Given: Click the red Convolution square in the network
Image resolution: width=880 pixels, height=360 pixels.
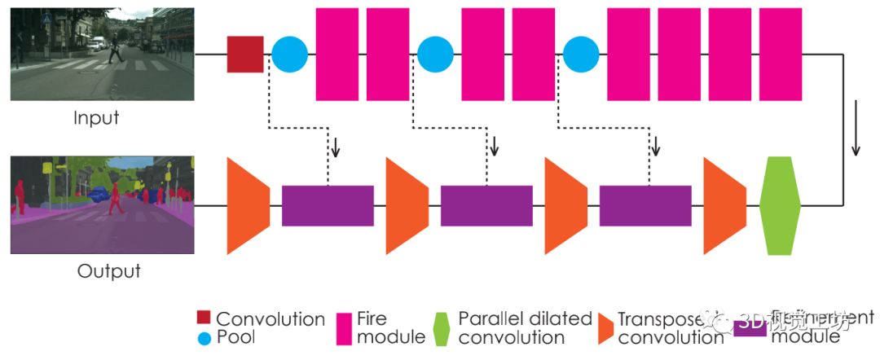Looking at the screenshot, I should click(245, 55).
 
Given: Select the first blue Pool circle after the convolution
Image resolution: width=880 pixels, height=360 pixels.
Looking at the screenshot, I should click(289, 55).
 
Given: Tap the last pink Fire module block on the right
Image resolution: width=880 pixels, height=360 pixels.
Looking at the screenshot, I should click(780, 55).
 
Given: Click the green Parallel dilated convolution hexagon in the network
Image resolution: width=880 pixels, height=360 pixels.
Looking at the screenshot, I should click(780, 206).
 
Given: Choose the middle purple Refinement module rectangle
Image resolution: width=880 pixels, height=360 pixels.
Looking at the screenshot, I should click(486, 206).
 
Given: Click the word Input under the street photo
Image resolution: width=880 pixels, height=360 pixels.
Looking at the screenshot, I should click(96, 118).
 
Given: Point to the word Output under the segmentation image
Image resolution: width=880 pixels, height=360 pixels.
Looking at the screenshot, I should click(108, 271).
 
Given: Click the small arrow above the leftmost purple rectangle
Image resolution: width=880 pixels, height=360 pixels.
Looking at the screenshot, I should click(334, 147).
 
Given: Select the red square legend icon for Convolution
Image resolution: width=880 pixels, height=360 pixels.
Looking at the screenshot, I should click(203, 317).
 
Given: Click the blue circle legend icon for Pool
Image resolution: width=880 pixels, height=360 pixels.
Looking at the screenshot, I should click(203, 336).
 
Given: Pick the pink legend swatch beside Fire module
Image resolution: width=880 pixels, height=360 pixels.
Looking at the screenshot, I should click(343, 327).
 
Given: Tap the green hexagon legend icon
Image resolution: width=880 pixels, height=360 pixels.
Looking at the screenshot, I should click(442, 328).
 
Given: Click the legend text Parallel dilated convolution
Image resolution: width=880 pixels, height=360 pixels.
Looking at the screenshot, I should click(524, 327).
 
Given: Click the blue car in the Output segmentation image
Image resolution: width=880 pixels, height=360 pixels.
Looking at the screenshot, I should click(98, 194).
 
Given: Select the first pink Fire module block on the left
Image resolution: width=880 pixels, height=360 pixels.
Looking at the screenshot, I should click(337, 55).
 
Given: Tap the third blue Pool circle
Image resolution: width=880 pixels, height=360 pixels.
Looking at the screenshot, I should click(581, 55).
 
